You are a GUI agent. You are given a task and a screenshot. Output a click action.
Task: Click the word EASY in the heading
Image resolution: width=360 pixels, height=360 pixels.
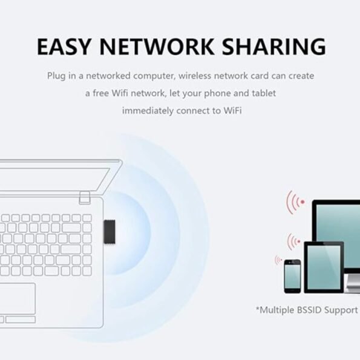click(64, 47)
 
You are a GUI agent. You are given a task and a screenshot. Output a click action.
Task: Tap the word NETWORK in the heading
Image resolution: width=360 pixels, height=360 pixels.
click(157, 47)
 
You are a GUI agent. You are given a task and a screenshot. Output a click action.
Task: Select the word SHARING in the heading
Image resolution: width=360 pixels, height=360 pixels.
click(274, 47)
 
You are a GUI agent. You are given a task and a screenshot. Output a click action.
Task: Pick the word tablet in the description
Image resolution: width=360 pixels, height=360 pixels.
click(264, 93)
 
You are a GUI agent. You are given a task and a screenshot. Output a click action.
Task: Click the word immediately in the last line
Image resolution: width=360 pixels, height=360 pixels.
click(148, 111)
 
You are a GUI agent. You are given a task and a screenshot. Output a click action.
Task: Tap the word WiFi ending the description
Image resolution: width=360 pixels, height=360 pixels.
click(232, 111)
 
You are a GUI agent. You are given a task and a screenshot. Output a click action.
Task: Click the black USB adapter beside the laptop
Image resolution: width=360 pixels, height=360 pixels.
click(110, 232)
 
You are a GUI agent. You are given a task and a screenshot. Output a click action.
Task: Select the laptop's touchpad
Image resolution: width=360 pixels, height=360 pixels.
click(17, 299)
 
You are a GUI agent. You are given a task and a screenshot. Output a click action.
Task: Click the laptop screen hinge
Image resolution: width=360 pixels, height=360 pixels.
click(85, 198)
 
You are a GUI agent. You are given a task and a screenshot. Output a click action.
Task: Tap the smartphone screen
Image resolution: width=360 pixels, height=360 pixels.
click(292, 277)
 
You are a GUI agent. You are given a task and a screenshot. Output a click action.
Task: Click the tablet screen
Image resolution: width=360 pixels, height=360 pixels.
click(324, 267)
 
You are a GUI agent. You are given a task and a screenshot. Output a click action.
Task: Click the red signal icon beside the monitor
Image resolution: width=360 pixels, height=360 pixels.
click(295, 202)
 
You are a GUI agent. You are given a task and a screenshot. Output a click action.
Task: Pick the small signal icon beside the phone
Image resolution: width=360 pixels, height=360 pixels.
click(278, 260)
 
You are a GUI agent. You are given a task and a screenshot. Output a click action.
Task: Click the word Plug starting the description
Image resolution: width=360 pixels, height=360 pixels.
click(56, 76)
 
